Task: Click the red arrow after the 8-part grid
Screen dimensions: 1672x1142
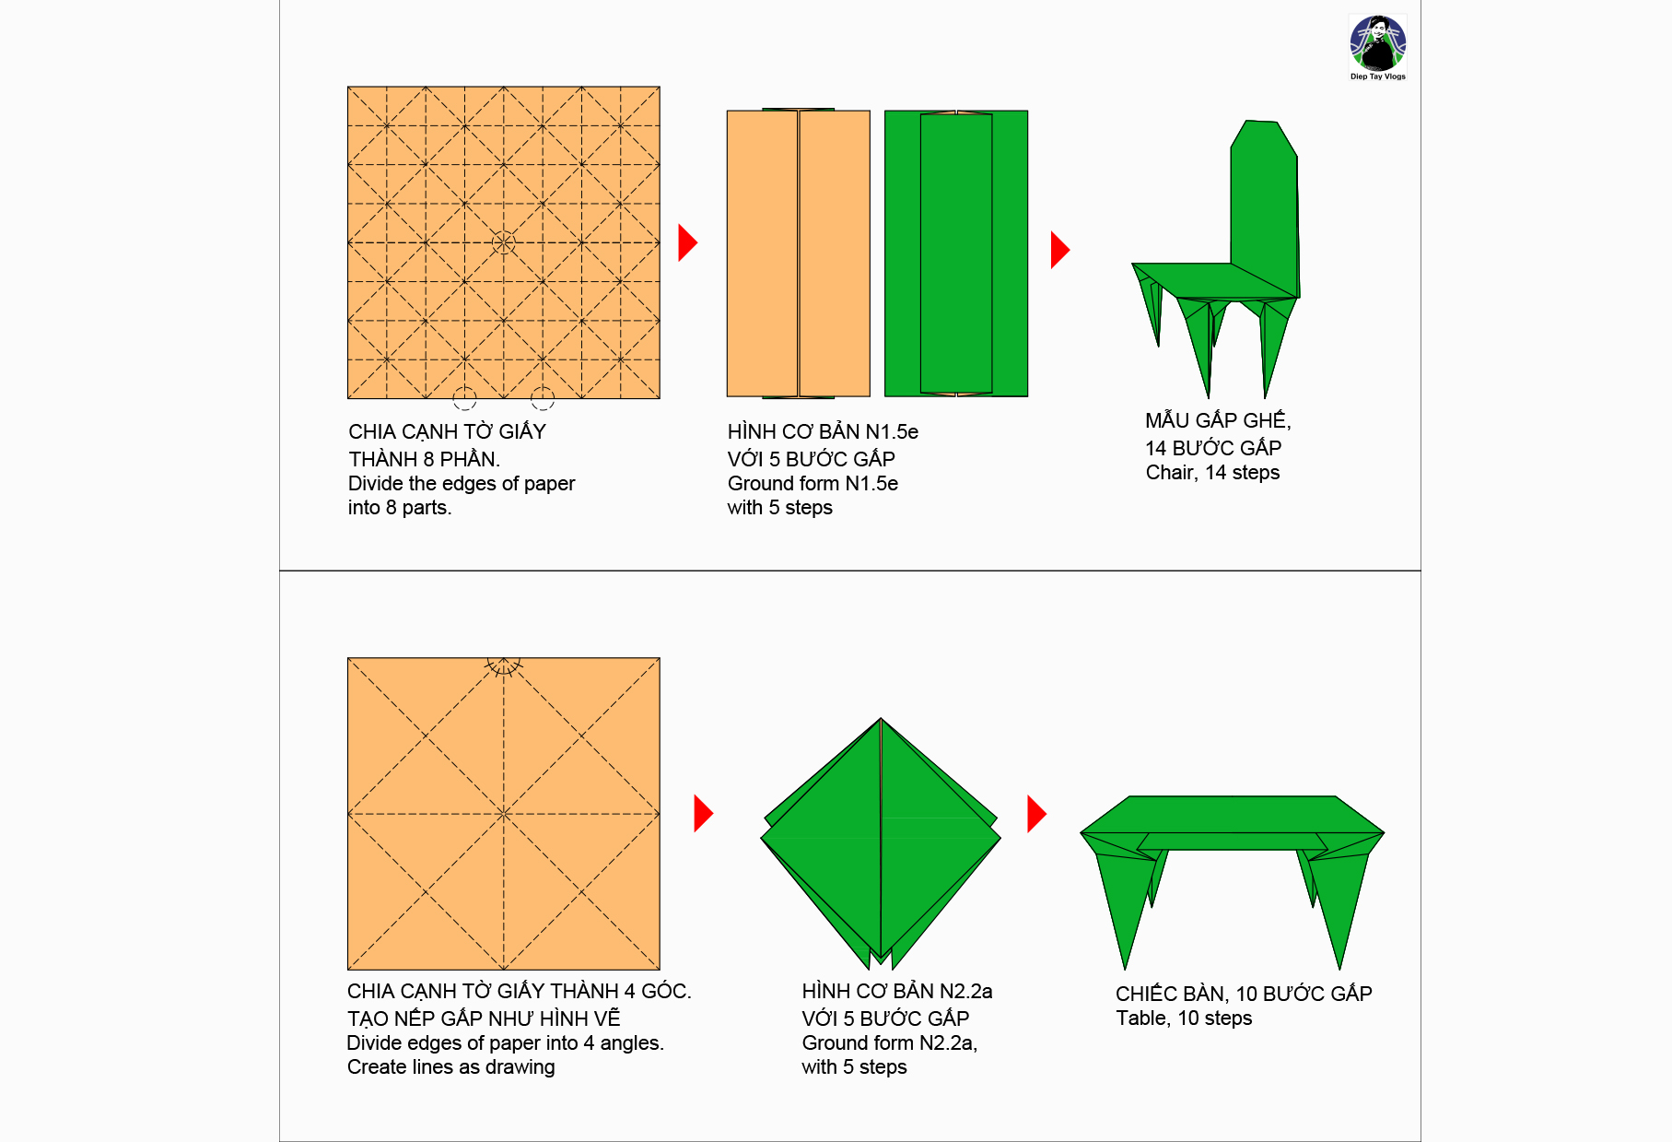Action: [687, 242]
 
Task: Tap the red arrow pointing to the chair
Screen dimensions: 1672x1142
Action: [1060, 250]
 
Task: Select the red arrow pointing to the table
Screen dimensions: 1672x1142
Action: [1036, 814]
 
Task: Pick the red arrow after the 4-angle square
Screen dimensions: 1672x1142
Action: [703, 814]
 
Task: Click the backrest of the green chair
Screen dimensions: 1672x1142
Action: [1264, 203]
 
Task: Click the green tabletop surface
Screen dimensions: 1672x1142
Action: [1232, 815]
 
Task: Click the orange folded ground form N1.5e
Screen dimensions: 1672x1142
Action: [798, 253]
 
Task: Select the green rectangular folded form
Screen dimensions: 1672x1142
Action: [956, 253]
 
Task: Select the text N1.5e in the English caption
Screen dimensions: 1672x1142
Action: [871, 484]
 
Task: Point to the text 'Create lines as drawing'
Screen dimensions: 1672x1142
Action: [451, 1067]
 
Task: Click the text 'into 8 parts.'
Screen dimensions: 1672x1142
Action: [400, 508]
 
